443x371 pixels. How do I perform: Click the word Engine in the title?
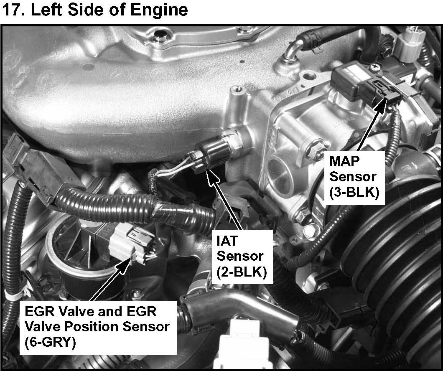click(159, 10)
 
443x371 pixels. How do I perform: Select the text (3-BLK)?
click(354, 192)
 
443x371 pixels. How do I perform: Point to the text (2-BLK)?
click(242, 272)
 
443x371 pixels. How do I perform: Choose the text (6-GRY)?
click(50, 343)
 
